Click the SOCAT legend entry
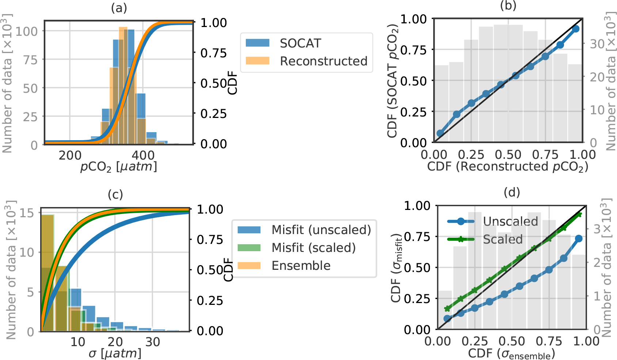coord(300,43)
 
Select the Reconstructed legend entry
coord(323,61)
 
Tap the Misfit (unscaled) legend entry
coord(321,230)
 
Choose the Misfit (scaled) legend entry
coord(313,248)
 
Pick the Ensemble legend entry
coord(301,265)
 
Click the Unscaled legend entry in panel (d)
coord(510,221)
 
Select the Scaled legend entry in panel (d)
coord(502,240)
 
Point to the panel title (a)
coord(119,8)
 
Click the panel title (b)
coord(508,5)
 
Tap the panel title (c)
coord(115,195)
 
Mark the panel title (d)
coord(511,192)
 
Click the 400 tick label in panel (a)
coord(143,156)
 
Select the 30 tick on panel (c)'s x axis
coord(153,342)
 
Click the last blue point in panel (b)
coord(576,29)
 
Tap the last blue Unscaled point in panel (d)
coord(579,238)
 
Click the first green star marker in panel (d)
coord(447,309)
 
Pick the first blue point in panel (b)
coord(440,134)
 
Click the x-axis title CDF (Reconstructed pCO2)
coord(508,166)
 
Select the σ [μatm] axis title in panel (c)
coord(115,353)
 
